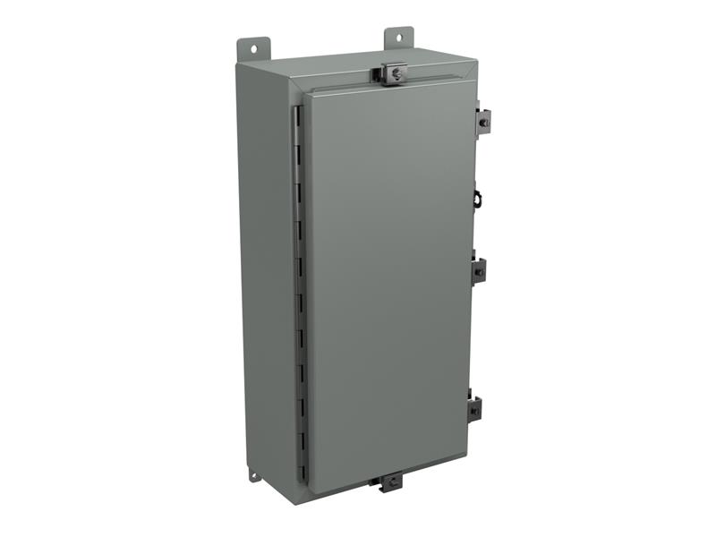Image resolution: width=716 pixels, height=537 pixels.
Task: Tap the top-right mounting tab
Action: point(398,38)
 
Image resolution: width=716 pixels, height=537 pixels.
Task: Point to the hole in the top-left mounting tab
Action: point(252,46)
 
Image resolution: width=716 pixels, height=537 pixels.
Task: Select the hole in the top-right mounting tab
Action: point(399,37)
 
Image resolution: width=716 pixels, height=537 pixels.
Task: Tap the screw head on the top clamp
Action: point(393,69)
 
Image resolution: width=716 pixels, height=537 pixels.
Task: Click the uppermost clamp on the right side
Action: point(482,118)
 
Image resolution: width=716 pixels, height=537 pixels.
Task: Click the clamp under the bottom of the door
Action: point(390,482)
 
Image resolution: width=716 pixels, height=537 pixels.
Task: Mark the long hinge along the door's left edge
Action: point(302,286)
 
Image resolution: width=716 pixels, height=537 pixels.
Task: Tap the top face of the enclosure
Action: point(358,67)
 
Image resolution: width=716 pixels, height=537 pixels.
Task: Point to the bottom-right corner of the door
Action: point(466,465)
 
